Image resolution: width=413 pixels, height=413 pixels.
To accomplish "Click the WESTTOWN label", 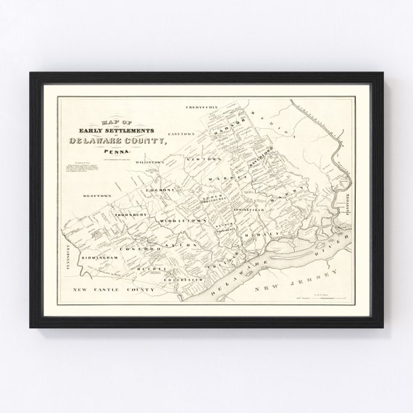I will click(96, 196).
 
